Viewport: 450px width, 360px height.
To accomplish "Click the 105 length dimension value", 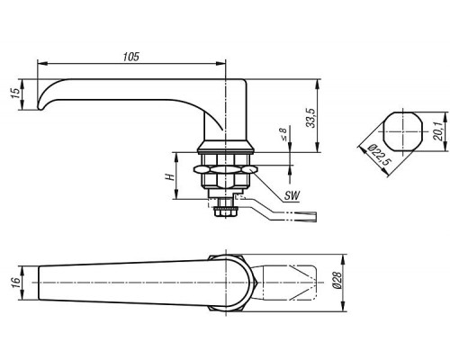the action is (131, 57).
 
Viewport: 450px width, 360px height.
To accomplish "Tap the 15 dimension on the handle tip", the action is (15, 94).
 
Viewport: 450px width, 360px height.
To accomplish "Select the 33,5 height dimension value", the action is (311, 118).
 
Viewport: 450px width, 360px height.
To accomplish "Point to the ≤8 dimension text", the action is (283, 134).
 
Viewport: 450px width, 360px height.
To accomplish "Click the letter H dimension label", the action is (170, 177).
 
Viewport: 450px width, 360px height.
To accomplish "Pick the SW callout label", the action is (292, 196).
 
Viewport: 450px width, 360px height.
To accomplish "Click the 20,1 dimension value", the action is (439, 131).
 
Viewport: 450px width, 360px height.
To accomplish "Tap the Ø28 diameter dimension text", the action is (337, 280).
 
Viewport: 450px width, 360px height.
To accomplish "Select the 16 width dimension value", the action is (15, 283).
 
